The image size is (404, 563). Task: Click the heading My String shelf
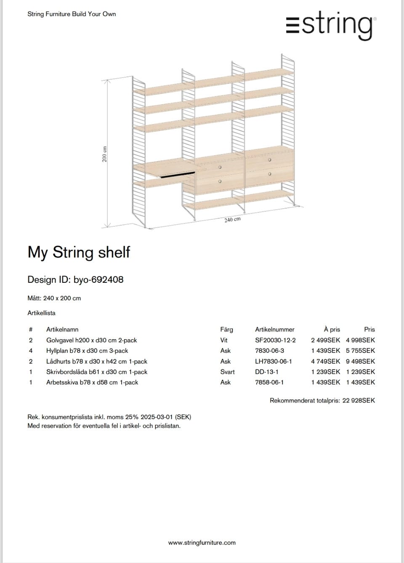click(79, 252)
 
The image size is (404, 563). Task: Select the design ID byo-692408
click(98, 280)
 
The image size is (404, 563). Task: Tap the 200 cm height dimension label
click(104, 154)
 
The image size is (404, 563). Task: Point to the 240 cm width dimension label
click(232, 220)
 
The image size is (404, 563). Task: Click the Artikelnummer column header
click(274, 329)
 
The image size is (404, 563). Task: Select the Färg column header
click(226, 329)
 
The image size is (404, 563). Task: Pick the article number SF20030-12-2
click(275, 340)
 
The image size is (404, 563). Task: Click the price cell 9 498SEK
click(360, 361)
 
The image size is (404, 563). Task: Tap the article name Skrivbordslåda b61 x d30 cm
click(97, 372)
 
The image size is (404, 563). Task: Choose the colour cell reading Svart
click(227, 372)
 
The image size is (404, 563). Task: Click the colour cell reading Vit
click(224, 340)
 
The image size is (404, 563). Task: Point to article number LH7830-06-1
click(273, 361)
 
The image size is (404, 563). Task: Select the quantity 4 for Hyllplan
click(31, 351)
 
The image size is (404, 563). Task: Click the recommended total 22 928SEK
click(359, 401)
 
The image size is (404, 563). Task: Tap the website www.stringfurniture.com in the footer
click(202, 543)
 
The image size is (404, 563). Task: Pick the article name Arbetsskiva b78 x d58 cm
click(92, 382)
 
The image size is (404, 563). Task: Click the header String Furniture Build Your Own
click(72, 14)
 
